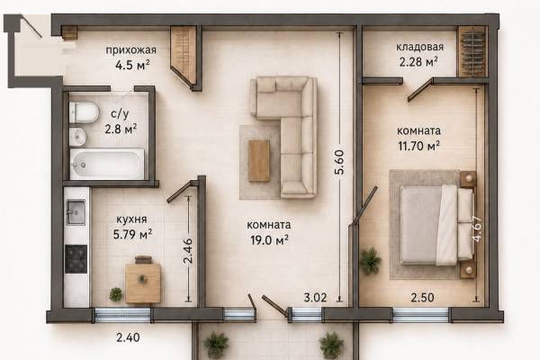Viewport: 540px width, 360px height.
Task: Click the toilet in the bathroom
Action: pyautogui.click(x=84, y=112)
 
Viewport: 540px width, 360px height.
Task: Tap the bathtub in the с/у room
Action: pyautogui.click(x=107, y=164)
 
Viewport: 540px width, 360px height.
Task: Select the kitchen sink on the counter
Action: pyautogui.click(x=76, y=212)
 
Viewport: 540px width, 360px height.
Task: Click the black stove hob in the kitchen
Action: pyautogui.click(x=76, y=259)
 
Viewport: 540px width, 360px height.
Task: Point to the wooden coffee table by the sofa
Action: pyautogui.click(x=259, y=161)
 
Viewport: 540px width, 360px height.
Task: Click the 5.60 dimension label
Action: pyautogui.click(x=339, y=162)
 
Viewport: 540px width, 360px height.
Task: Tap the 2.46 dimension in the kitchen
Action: pyautogui.click(x=188, y=251)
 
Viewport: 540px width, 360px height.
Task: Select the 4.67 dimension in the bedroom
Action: pyautogui.click(x=477, y=229)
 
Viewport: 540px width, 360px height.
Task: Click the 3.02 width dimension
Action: pyautogui.click(x=315, y=297)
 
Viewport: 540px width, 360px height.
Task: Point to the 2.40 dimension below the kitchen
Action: pyautogui.click(x=128, y=337)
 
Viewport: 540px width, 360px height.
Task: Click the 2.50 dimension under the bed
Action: pyautogui.click(x=422, y=297)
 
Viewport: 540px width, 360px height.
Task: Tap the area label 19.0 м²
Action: pyautogui.click(x=269, y=239)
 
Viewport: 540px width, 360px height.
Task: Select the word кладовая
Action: pyautogui.click(x=419, y=47)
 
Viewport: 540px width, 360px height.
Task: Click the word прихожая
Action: pyautogui.click(x=130, y=50)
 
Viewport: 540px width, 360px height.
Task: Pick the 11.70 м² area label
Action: pyautogui.click(x=418, y=146)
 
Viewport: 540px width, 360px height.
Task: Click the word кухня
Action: pyautogui.click(x=131, y=219)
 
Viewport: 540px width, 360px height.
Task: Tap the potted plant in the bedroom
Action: pyautogui.click(x=371, y=260)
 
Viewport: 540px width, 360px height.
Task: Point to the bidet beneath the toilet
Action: pyautogui.click(x=77, y=137)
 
